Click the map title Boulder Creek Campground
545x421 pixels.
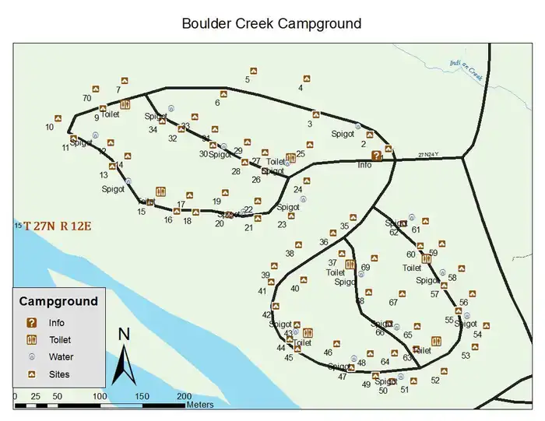271,23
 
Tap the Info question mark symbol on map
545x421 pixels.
377,156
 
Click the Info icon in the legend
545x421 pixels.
32,323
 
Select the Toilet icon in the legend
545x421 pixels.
32,340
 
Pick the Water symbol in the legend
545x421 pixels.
32,357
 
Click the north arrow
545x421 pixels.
123,356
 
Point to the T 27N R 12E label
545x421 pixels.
57,226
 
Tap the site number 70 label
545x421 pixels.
86,99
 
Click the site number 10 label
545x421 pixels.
50,127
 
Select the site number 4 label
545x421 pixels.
301,88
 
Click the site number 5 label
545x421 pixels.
247,79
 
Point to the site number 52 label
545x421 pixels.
435,381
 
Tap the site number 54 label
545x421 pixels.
477,335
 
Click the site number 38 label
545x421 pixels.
290,254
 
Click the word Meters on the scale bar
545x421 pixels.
199,405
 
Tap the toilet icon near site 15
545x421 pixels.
161,191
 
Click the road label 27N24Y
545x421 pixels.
429,155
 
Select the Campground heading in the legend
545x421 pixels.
58,301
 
